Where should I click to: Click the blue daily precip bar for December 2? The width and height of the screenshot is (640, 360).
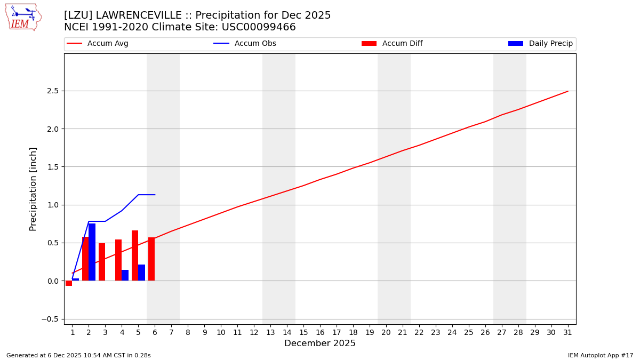point(92,252)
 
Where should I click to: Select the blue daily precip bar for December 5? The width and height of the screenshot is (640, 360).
point(141,273)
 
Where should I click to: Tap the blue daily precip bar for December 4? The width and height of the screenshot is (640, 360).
point(125,275)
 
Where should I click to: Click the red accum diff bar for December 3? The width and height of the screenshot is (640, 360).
point(102,262)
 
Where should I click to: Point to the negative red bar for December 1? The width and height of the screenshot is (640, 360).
point(69,283)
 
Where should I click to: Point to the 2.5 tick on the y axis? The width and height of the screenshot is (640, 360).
point(53,91)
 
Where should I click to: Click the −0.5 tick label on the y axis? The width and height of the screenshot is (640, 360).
point(51,319)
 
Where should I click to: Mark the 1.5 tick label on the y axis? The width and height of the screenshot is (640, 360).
point(53,167)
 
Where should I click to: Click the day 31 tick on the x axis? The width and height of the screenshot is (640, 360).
point(567,332)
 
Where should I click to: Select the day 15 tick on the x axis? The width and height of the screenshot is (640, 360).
point(303,332)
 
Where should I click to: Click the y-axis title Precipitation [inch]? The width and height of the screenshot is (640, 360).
point(33,189)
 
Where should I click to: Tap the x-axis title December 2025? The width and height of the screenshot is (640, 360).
point(320,343)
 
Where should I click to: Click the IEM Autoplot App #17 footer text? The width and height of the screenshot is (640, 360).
point(600,355)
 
